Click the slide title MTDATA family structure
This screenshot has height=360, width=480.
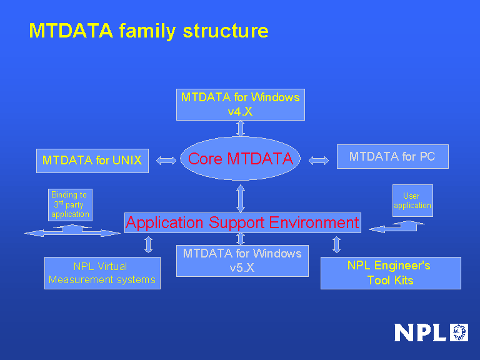149,31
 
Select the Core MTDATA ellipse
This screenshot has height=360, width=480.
241,159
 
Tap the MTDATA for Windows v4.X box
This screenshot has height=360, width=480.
241,104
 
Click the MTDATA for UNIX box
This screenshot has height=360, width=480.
92,161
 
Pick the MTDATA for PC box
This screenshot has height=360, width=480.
392,156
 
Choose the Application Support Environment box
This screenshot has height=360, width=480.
242,222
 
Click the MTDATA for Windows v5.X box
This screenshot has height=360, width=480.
242,261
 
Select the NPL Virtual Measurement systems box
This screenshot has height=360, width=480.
102,273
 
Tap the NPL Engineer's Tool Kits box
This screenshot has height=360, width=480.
391,273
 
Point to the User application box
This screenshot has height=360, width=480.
412,201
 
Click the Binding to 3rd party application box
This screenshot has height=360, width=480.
70,204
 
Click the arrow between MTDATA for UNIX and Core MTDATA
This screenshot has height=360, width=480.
166,161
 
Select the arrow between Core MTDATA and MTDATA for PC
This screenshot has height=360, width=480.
319,161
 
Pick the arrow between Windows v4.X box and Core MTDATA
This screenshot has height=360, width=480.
241,128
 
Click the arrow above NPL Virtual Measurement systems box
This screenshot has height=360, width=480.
148,244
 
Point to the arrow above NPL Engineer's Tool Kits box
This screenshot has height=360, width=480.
336,244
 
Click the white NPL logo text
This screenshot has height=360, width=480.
421,332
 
